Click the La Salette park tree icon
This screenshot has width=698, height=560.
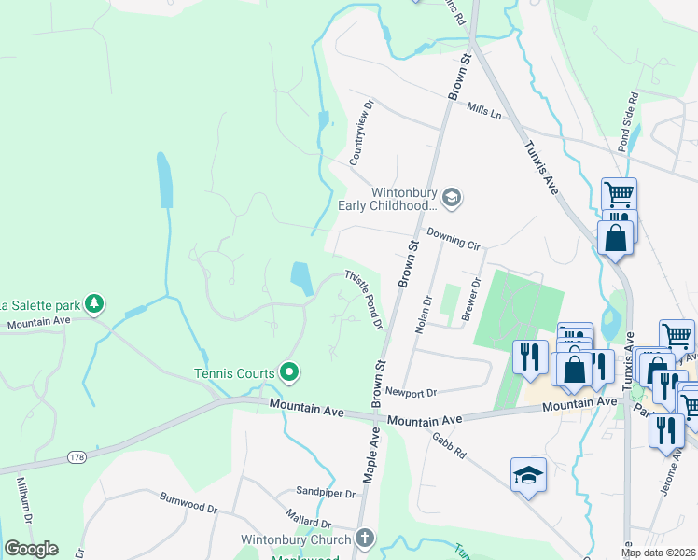pos(93,303)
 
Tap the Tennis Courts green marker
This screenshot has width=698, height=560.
pos(289,373)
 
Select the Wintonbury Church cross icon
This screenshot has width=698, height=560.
pos(365,539)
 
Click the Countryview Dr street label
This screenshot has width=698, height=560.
pos(360,133)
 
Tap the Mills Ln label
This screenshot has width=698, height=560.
pos(484,112)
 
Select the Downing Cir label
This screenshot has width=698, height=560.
pos(453,240)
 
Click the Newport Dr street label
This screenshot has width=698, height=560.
pos(411,393)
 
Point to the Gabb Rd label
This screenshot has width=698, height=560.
pos(449,444)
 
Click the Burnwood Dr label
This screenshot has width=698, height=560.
pos(188,503)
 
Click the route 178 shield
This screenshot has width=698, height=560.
pos(77,456)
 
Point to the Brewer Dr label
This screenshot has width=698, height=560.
pos(471,299)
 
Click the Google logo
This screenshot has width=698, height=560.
pos(31,549)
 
